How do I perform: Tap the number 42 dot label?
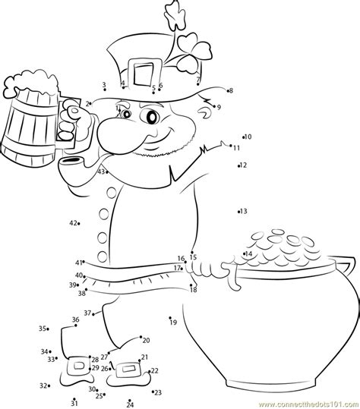pos(73,223)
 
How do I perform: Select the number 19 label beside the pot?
pos(173,322)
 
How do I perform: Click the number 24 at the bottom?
pos(130,405)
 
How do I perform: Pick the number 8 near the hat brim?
pos(231,90)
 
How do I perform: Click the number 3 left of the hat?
pos(103,85)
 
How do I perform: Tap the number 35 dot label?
pos(43,328)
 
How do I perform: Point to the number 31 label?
pos(74,401)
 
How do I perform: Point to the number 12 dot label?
pos(243,165)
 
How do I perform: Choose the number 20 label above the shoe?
pos(146,341)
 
